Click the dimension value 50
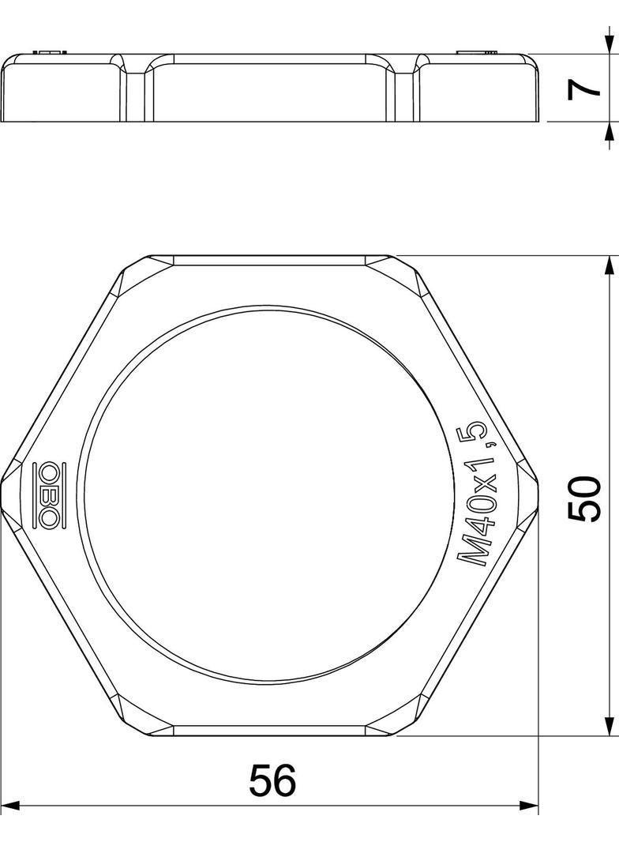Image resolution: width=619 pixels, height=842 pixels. tap(583, 498)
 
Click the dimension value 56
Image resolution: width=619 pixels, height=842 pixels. tap(272, 780)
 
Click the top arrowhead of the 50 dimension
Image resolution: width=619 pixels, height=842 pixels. tap(609, 266)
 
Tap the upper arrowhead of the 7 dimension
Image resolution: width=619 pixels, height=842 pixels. tap(609, 44)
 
